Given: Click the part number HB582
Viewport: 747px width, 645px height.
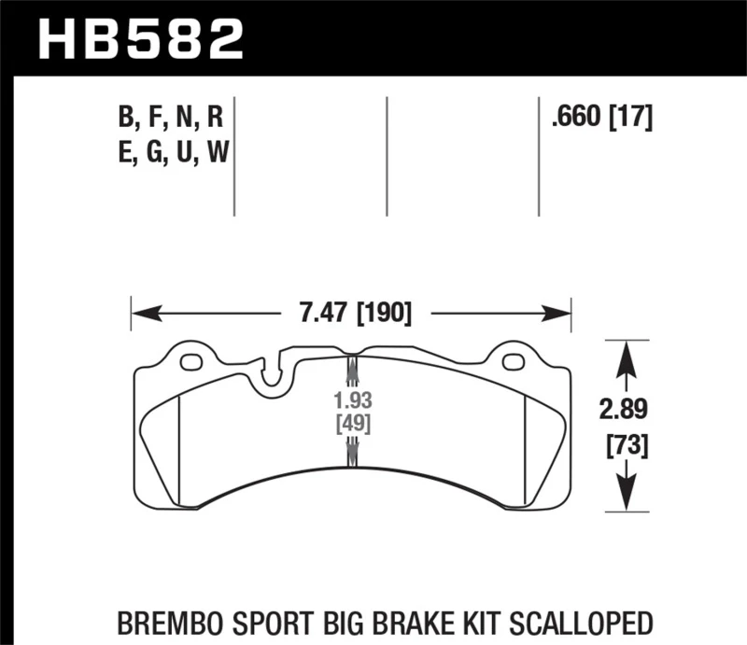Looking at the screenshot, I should (x=140, y=39).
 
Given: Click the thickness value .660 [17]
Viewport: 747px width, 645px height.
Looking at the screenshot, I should (x=601, y=119).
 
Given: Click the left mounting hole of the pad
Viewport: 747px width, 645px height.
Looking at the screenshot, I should (x=191, y=362).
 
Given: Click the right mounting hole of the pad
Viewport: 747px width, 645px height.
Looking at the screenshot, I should (x=511, y=362).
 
